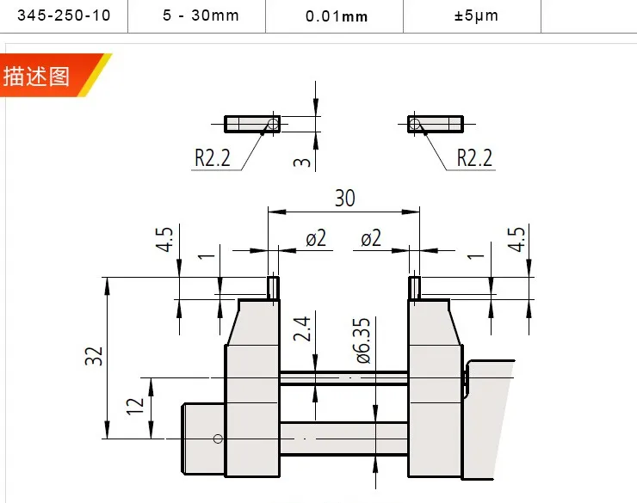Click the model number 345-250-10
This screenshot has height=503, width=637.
tap(64, 15)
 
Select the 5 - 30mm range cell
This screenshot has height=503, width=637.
tap(201, 15)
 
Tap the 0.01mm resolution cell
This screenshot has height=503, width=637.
tap(337, 16)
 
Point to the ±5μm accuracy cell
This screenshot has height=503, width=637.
tap(476, 15)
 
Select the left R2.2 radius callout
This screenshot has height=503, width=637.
tap(212, 157)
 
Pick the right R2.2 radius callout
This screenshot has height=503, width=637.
tap(474, 157)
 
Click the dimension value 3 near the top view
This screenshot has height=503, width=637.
tap(302, 162)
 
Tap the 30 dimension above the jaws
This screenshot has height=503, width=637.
tap(344, 198)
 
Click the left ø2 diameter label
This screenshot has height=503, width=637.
tap(316, 237)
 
